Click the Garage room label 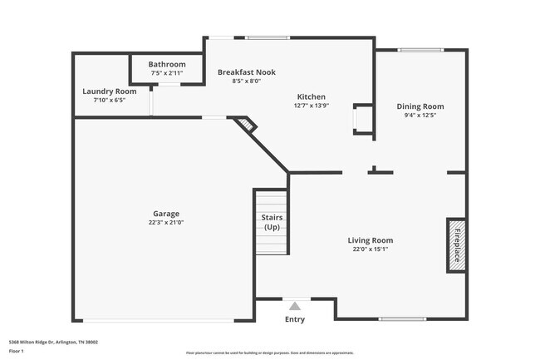click(x=165, y=214)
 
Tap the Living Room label click(x=370, y=240)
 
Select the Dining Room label click(x=420, y=106)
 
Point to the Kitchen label click(x=312, y=96)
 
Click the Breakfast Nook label click(x=246, y=72)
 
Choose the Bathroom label click(x=167, y=64)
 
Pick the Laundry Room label click(x=109, y=91)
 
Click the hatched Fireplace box click(x=455, y=244)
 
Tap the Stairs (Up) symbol click(x=271, y=223)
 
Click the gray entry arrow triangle click(x=294, y=306)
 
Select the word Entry click(x=295, y=319)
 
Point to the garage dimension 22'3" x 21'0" click(x=165, y=223)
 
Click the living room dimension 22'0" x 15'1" click(x=370, y=249)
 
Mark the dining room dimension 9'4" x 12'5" click(x=420, y=116)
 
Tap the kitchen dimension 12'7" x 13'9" click(x=312, y=106)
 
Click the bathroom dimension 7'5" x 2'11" click(x=167, y=73)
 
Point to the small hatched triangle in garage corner click(x=245, y=125)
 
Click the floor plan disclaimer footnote click(x=270, y=353)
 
